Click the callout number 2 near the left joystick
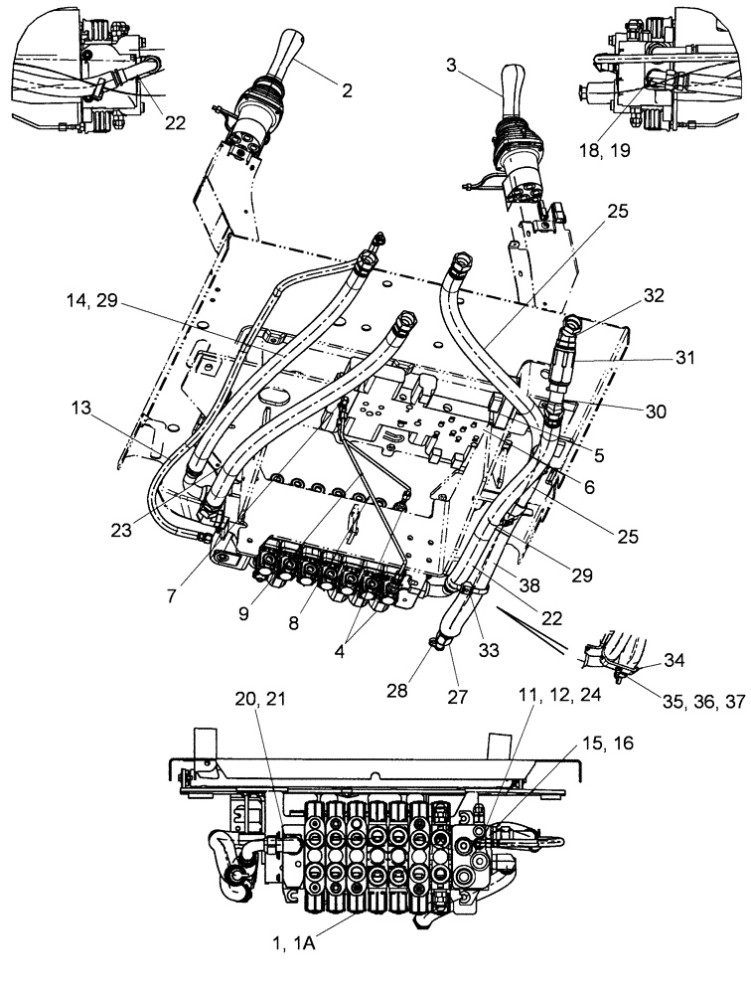pyautogui.click(x=347, y=90)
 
